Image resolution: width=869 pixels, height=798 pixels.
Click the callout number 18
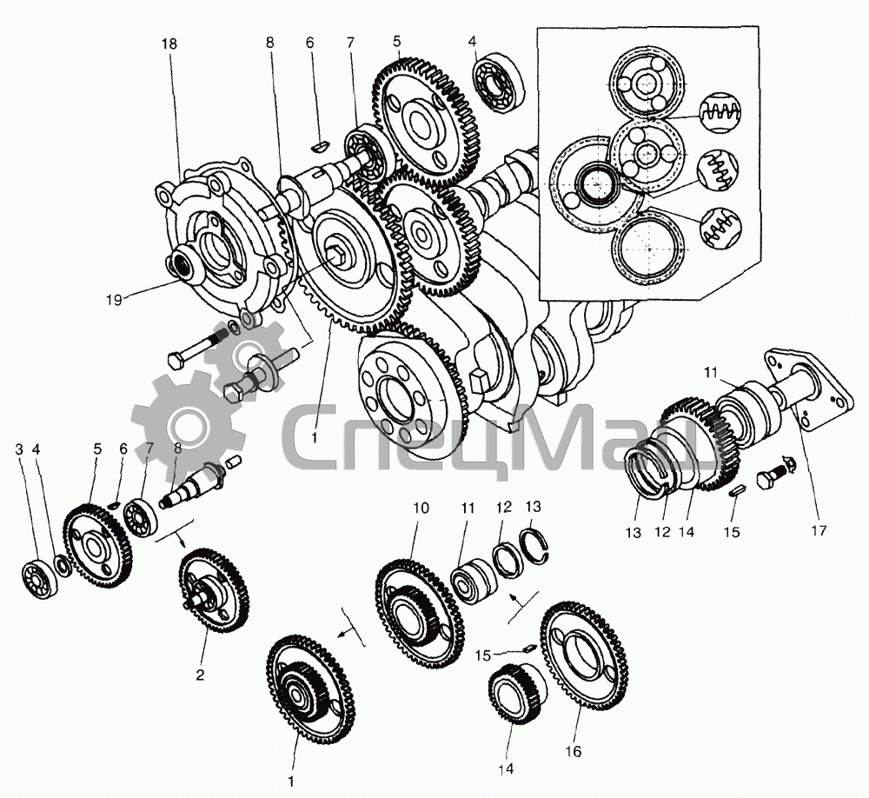(x=168, y=44)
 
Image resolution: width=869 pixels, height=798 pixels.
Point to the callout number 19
(x=114, y=299)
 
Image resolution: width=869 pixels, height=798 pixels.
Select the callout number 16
(x=574, y=749)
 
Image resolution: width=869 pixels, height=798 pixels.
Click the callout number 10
(x=421, y=507)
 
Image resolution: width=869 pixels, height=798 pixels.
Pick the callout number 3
(x=19, y=449)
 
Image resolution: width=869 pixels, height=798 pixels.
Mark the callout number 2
(x=199, y=673)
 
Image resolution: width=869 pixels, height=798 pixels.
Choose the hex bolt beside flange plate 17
(x=770, y=477)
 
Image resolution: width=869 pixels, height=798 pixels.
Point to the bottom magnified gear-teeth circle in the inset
(x=720, y=228)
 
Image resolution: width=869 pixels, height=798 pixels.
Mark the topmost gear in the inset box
(x=646, y=84)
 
